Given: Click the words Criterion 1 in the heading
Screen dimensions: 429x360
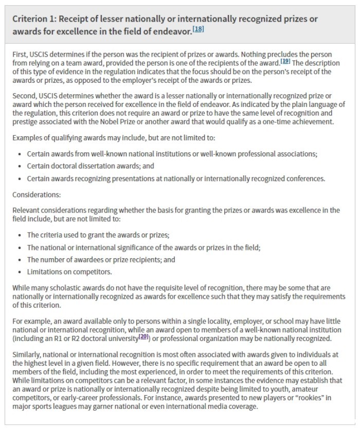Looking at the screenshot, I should tap(33, 19).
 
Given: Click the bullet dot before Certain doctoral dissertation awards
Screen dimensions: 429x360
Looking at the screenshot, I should tap(20, 166).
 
